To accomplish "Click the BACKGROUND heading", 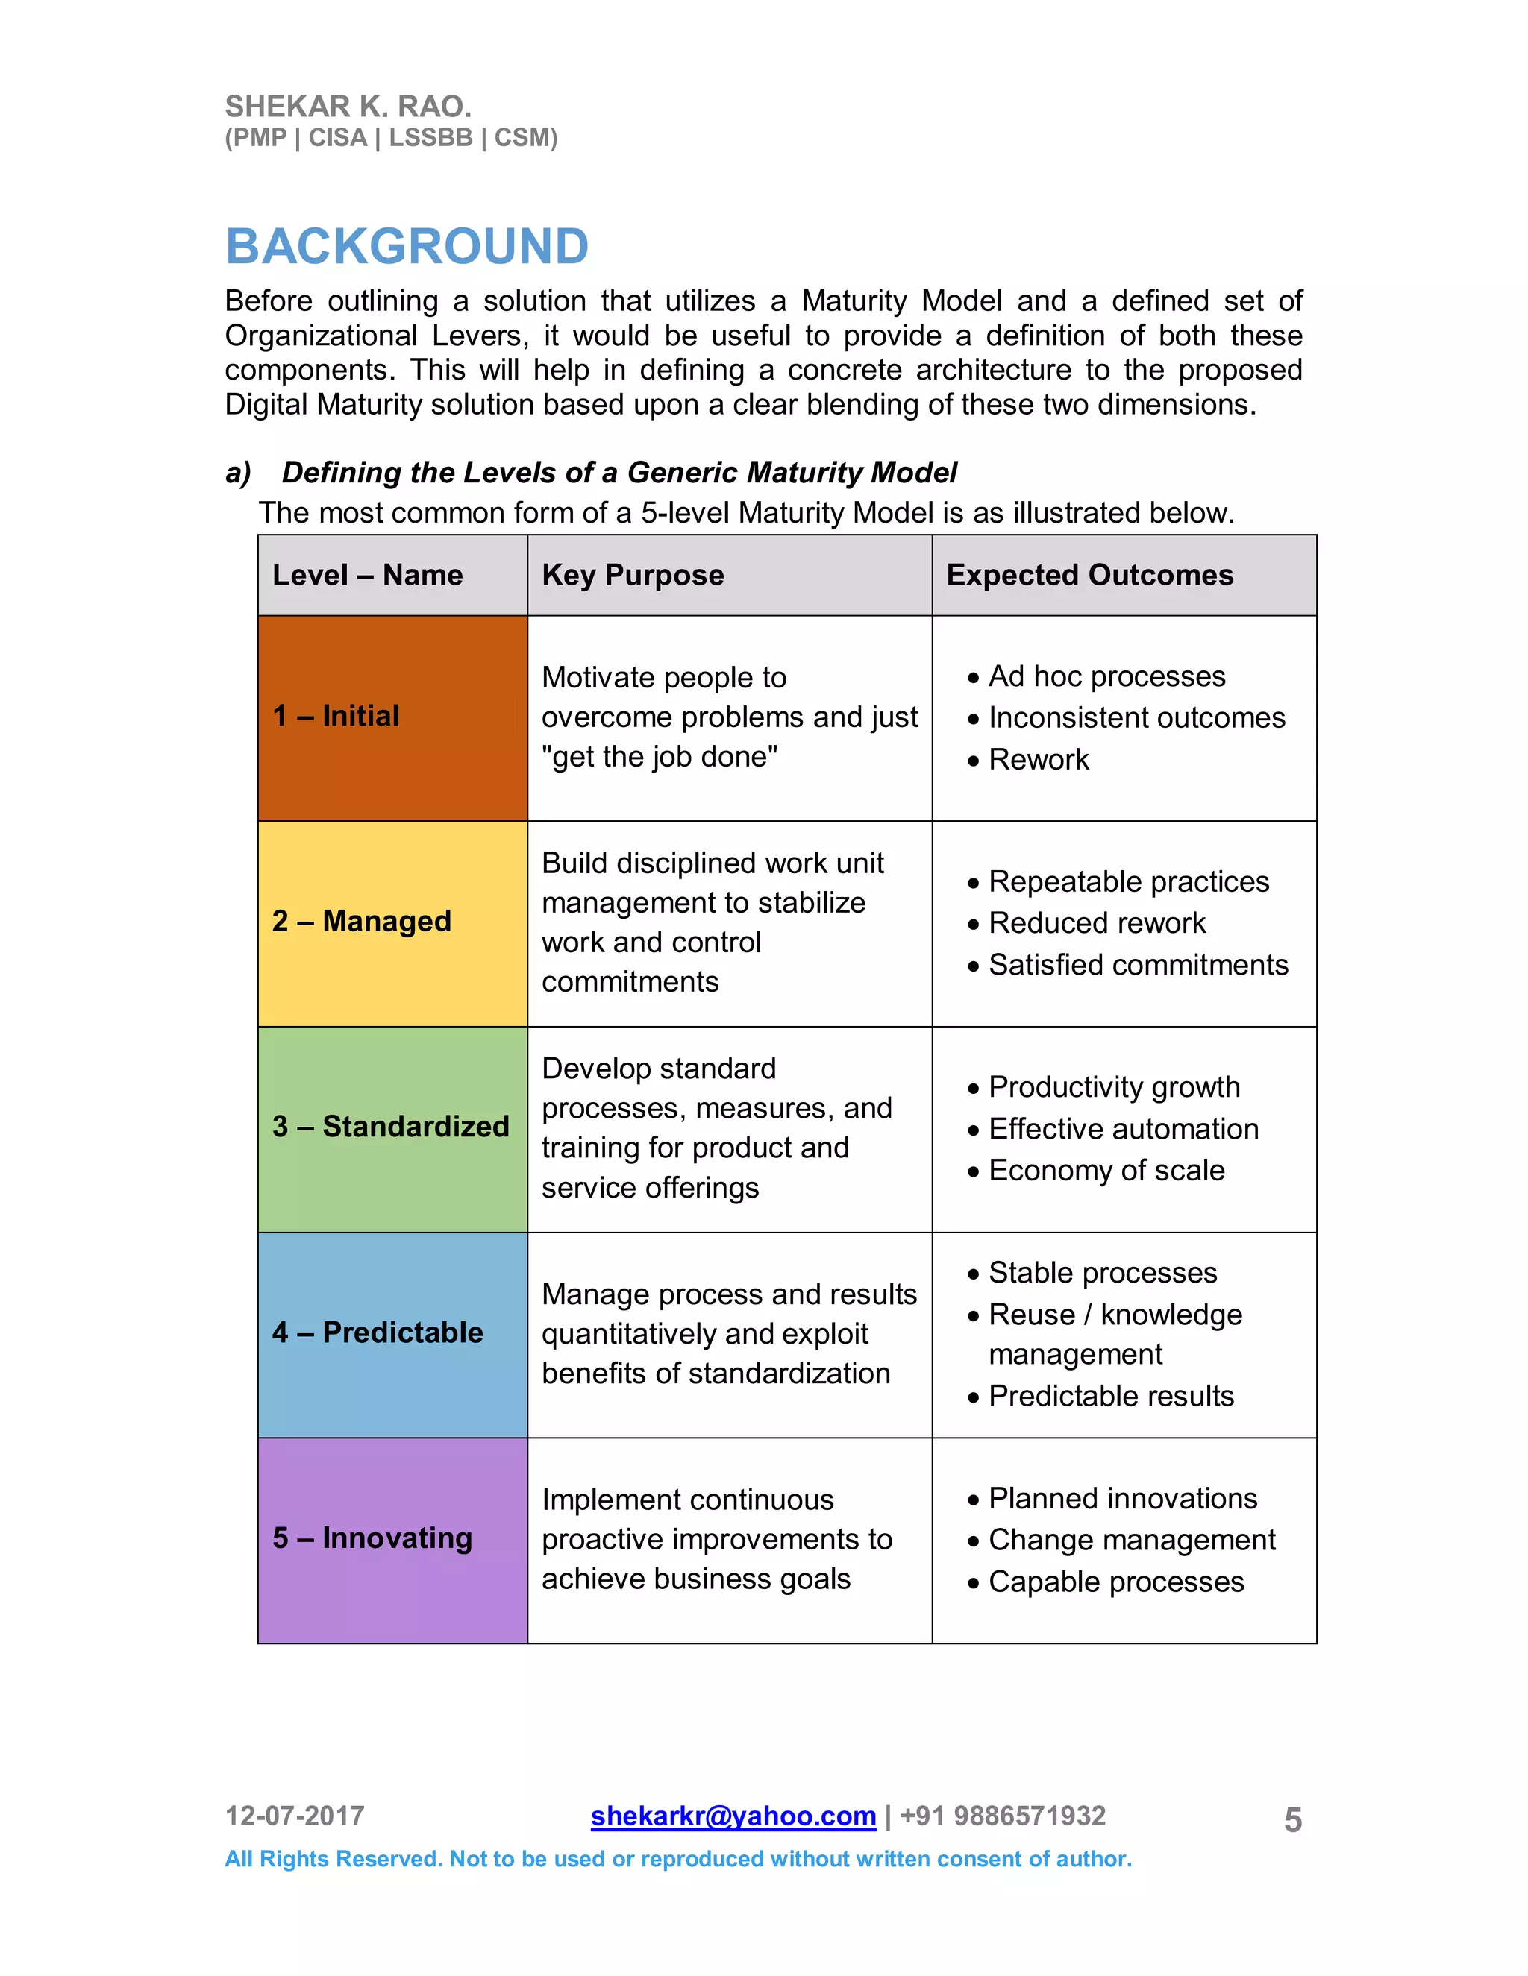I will (x=407, y=246).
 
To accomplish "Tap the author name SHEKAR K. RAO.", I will (x=348, y=107).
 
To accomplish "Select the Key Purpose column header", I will (x=633, y=576).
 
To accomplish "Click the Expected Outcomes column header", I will (x=1089, y=576).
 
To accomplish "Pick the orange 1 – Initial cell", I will (x=392, y=717).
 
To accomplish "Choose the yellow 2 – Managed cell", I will (x=392, y=923).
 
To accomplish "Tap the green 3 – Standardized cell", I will (x=392, y=1128).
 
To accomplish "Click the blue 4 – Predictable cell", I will (x=392, y=1334).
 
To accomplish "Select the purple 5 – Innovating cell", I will (x=392, y=1539).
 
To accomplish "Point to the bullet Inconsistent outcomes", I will (x=1136, y=717).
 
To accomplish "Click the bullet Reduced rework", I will (x=1096, y=923).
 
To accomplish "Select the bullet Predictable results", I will (x=1111, y=1396).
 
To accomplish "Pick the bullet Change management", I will (x=1132, y=1540).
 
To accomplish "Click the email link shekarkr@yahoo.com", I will (x=733, y=1816).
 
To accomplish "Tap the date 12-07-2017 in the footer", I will (x=294, y=1816).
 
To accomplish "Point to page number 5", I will (x=1293, y=1820).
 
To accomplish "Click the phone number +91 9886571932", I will (x=1003, y=1816).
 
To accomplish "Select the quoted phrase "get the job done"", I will (x=659, y=756).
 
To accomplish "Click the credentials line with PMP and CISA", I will (x=391, y=139).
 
